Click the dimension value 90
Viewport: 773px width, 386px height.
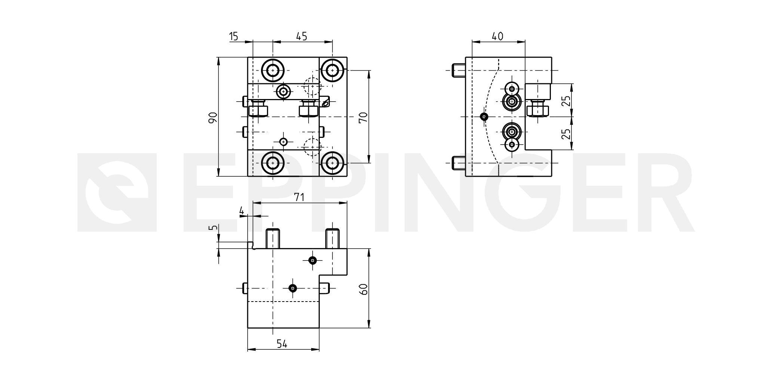(213, 118)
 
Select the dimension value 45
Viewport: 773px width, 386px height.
(301, 36)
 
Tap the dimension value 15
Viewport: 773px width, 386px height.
(233, 36)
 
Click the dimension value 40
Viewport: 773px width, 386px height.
(497, 36)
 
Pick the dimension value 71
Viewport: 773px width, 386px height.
(299, 197)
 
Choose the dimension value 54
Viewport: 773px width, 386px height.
(282, 343)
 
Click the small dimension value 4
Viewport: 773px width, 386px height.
(242, 211)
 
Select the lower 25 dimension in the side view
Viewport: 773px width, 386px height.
(566, 134)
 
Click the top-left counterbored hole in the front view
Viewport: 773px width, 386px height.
(273, 70)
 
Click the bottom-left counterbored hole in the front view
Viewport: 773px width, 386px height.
(273, 163)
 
